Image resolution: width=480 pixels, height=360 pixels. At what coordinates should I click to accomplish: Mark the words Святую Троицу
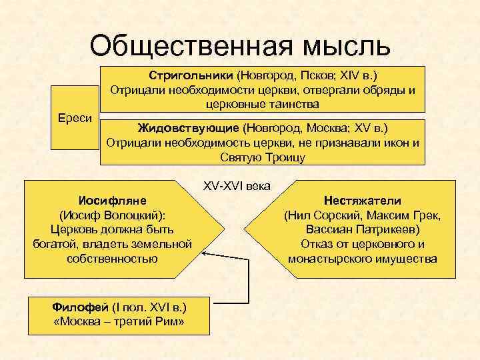262,157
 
